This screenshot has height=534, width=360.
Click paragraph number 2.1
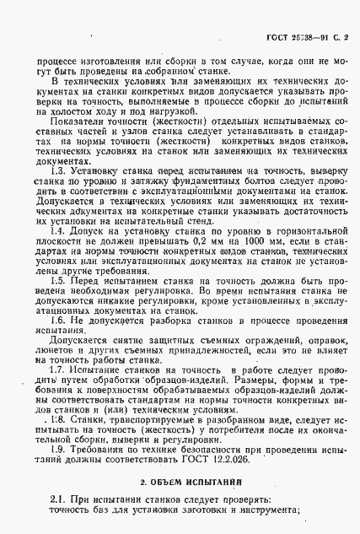[57, 500]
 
